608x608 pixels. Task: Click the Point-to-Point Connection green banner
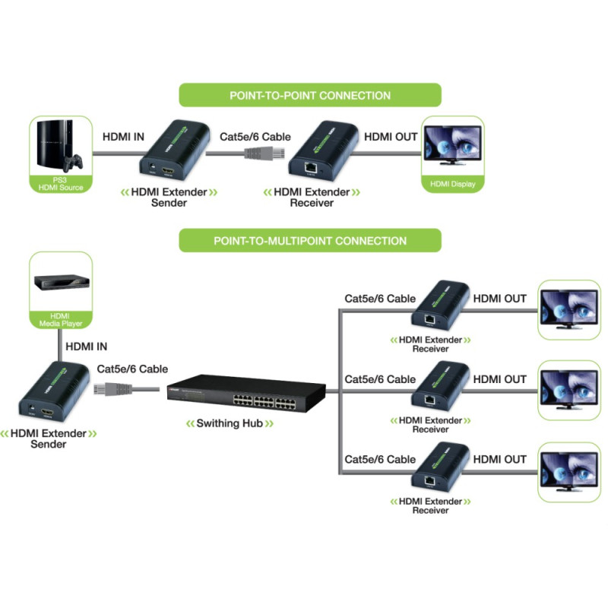click(310, 96)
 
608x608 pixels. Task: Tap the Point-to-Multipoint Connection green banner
click(310, 241)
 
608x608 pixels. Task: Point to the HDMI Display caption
click(451, 183)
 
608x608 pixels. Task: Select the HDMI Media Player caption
click(60, 320)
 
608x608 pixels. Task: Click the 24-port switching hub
click(247, 389)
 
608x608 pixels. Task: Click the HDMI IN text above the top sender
click(123, 137)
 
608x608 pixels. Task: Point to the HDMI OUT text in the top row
click(391, 137)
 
